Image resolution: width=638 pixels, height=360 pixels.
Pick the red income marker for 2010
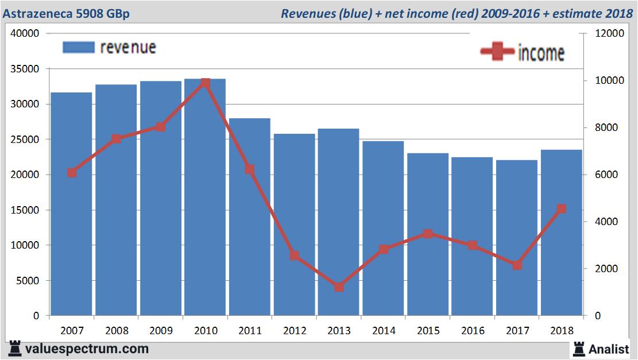click(x=205, y=83)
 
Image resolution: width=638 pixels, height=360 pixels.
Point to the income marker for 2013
click(x=339, y=287)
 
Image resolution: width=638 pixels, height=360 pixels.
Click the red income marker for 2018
click(x=562, y=209)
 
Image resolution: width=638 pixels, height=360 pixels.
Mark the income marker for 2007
click(x=72, y=172)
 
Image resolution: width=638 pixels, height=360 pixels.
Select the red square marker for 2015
click(x=428, y=234)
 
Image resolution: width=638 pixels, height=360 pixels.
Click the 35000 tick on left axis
click(x=25, y=69)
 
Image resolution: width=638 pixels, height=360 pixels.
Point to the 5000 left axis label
click(x=28, y=281)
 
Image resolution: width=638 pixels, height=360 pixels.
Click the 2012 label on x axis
click(x=294, y=331)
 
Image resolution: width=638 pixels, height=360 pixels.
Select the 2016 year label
click(x=472, y=331)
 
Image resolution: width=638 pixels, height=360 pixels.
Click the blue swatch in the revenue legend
click(x=78, y=47)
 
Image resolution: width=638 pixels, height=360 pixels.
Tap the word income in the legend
click(x=541, y=53)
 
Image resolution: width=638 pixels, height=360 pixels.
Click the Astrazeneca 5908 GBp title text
click(x=66, y=13)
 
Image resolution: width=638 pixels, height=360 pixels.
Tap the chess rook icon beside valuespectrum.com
click(x=15, y=348)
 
